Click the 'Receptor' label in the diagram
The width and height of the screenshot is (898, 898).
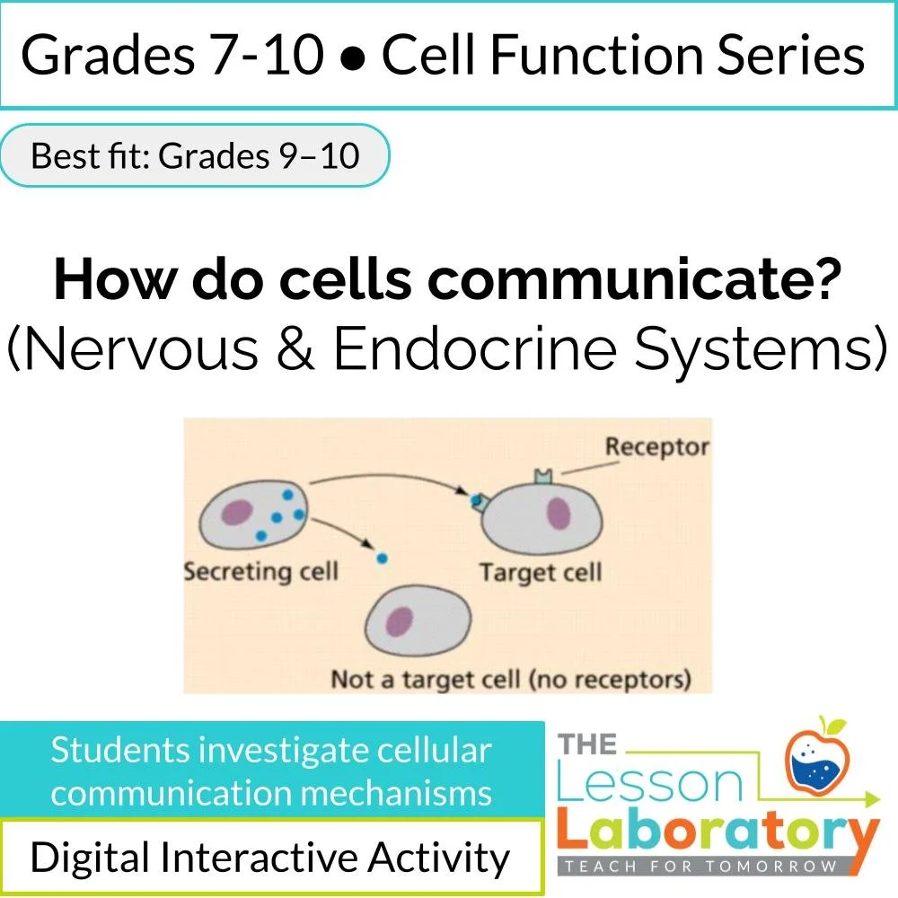[x=656, y=446]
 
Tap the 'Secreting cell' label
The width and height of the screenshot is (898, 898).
[x=260, y=571]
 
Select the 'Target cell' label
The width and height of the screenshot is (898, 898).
[x=540, y=572]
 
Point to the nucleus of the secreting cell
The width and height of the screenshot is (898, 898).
[x=237, y=512]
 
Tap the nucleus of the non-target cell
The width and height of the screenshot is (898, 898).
[x=400, y=621]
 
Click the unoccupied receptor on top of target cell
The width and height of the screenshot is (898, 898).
[x=541, y=474]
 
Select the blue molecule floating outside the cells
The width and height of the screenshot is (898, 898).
[x=382, y=558]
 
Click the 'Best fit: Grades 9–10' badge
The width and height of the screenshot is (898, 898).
[x=195, y=155]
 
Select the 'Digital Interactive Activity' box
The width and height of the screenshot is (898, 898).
[x=270, y=858]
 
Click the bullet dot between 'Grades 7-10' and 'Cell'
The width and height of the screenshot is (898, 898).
[x=354, y=56]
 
